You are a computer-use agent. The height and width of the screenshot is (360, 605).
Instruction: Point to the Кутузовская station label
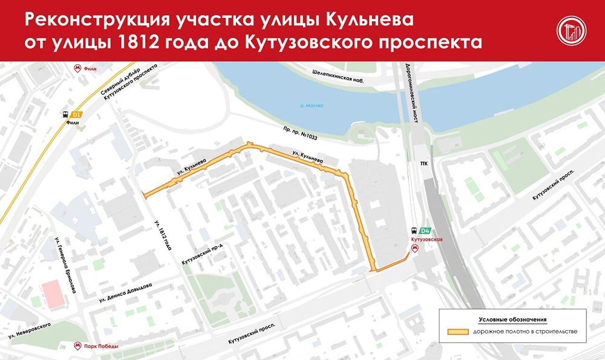pos(427,240)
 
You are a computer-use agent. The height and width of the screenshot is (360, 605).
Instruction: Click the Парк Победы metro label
pos(100,347)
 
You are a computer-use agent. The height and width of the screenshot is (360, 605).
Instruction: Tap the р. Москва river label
pos(312,106)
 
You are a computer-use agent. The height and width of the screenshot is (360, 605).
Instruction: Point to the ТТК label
pos(423,164)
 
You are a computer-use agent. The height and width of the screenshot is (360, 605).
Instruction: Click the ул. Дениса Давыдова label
pos(127,293)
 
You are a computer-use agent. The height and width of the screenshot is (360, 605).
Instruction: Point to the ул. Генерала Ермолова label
pos(65,265)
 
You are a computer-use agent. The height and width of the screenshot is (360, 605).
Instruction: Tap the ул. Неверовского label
pos(29,329)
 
